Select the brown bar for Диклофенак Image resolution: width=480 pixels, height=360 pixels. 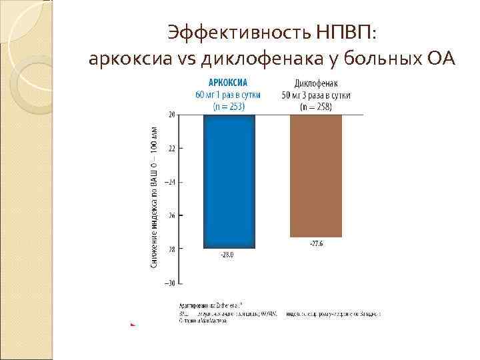pos(316,176)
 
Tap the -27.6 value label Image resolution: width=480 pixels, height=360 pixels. pos(317,243)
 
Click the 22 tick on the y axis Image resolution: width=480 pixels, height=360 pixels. pos(171,148)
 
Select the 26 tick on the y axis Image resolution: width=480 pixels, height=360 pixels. pos(171,216)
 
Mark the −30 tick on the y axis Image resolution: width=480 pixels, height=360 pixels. pos(170,283)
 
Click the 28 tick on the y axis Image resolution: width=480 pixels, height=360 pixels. pos(171,249)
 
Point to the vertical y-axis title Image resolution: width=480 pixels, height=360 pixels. pos(154,198)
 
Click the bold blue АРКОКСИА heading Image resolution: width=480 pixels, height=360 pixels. pos(228,83)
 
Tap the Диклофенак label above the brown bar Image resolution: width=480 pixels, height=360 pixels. pos(317,84)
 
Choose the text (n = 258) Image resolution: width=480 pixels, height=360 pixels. pos(317,106)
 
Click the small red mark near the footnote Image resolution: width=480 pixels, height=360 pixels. pos(133,324)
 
